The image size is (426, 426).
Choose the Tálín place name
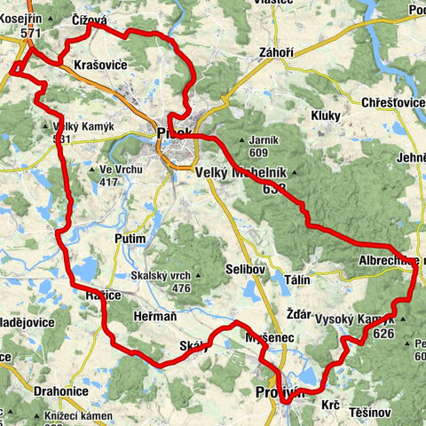point(297,280)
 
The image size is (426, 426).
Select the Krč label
point(330,404)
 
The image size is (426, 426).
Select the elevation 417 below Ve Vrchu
point(109,182)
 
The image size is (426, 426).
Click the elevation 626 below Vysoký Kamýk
point(383,334)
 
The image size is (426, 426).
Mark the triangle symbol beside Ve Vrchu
point(92,169)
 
